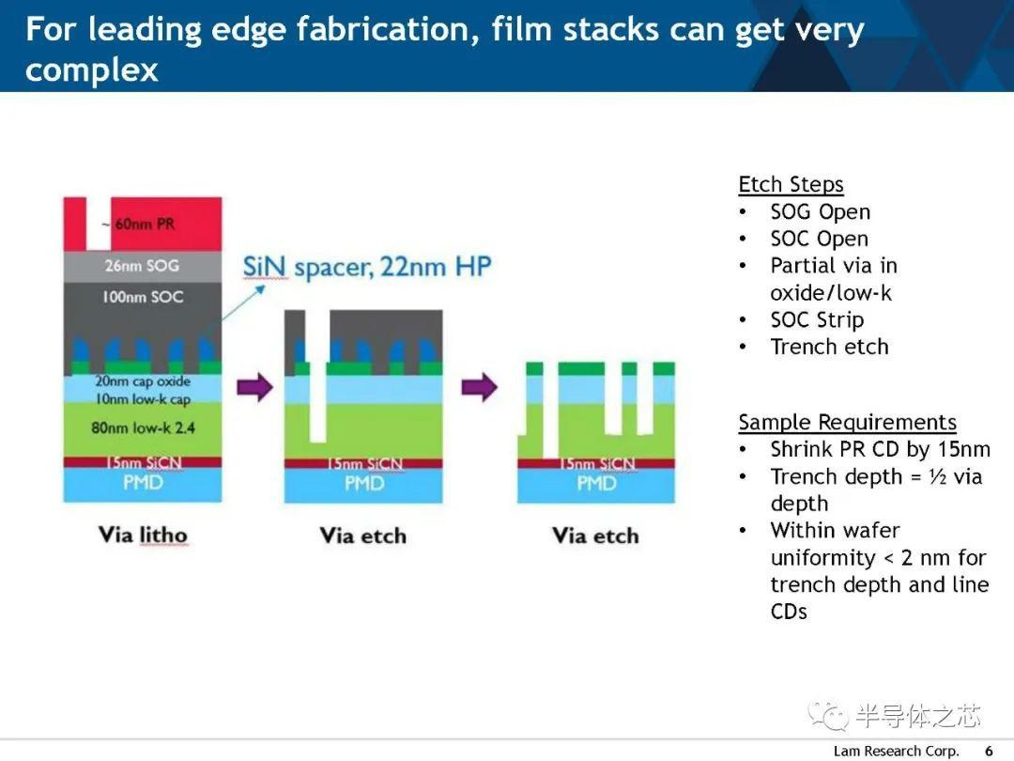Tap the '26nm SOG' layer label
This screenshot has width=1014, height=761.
143,265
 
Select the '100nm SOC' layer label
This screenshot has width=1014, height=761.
143,297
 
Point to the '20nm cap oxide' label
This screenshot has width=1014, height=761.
143,381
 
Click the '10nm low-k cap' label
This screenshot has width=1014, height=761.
143,399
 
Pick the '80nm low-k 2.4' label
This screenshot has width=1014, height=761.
143,427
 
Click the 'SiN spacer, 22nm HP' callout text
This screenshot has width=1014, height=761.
367,267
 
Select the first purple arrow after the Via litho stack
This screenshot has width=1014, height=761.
254,387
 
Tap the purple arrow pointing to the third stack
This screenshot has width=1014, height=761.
479,387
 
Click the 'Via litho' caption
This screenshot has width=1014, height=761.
143,536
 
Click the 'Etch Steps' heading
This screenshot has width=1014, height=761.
791,184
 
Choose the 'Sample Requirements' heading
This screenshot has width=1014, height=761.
847,423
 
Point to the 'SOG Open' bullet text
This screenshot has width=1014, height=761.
820,211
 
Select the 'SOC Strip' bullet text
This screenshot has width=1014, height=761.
817,319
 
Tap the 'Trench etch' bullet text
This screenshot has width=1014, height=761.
829,347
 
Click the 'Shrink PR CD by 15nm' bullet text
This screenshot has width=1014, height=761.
880,449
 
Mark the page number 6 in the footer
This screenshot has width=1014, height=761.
989,751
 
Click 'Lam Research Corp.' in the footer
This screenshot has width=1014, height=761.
897,751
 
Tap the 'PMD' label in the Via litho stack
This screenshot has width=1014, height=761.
143,483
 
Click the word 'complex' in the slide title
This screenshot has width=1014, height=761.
92,70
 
